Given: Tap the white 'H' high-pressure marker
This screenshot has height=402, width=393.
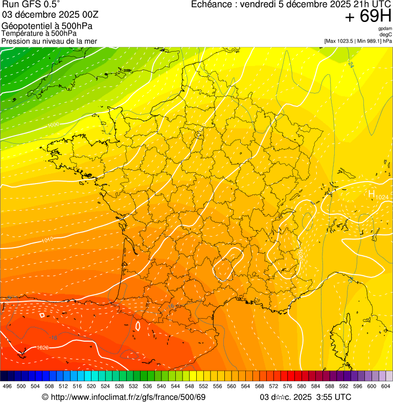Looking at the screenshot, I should click(x=372, y=194).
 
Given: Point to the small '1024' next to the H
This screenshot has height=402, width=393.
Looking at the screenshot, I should click(x=382, y=197).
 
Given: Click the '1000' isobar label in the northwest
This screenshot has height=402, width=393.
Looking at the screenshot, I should click(x=53, y=124).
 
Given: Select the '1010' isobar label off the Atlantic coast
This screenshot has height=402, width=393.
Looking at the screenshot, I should click(x=47, y=239).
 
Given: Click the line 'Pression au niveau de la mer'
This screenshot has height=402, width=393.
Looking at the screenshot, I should click(x=49, y=41).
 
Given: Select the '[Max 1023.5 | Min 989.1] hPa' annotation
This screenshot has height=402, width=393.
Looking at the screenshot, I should click(x=358, y=41).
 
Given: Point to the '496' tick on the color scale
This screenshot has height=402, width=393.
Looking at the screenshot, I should click(x=7, y=387).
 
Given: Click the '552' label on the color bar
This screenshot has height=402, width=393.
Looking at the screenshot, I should click(x=203, y=387).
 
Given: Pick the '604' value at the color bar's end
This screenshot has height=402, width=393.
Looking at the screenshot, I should click(x=385, y=387).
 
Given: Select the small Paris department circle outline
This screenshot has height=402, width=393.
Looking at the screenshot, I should click(x=198, y=135).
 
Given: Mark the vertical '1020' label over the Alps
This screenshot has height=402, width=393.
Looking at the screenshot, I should click(x=300, y=256).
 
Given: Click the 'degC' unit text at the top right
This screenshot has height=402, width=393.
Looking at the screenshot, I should click(x=386, y=35).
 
